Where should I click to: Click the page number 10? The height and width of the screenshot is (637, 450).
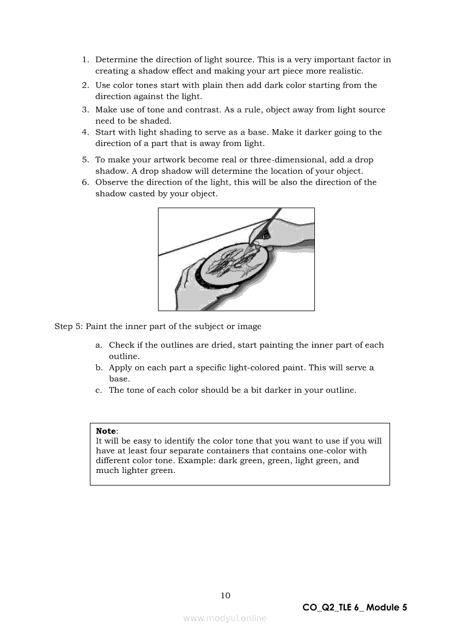[x=226, y=596]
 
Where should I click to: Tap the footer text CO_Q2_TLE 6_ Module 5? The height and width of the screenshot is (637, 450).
[x=355, y=608]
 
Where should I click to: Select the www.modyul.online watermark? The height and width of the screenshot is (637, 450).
[x=225, y=618]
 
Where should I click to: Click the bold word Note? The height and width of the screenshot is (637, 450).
[x=106, y=431]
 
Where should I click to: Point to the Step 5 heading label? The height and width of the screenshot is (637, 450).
[x=69, y=326]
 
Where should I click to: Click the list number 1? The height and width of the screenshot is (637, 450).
[x=86, y=60]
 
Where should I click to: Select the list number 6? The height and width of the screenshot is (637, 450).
[x=86, y=183]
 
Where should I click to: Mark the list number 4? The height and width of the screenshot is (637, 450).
[x=86, y=132]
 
